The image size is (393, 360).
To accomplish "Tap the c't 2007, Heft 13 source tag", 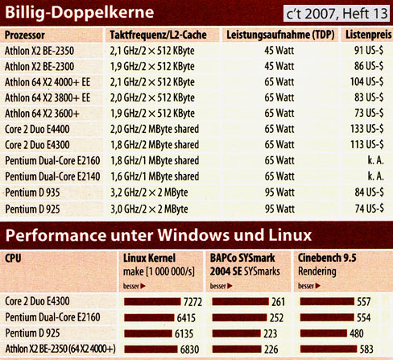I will [335, 13].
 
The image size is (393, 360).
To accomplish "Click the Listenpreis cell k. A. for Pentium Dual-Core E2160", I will [375, 161].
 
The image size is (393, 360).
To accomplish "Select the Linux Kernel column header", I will [149, 258].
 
